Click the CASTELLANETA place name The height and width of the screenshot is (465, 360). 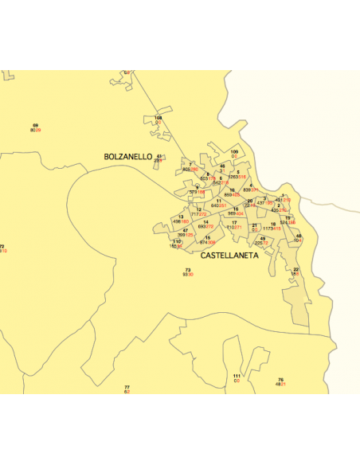tap(229, 256)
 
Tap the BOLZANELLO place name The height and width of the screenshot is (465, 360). tap(127, 158)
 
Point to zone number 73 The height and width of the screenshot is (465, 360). tap(188, 270)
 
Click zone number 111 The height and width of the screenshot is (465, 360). tap(237, 375)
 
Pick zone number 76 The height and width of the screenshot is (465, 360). tap(280, 379)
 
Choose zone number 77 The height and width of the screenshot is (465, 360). tap(127, 387)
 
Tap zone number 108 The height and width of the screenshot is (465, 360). tap(158, 117)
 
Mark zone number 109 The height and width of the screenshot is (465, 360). tap(234, 150)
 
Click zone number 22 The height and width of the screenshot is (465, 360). tap(295, 269)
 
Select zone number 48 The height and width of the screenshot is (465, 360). tap(299, 236)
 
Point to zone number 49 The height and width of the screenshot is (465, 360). tap(263, 238)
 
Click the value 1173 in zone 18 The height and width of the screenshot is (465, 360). tap(268, 229)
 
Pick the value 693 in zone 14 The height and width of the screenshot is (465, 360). tap(201, 227)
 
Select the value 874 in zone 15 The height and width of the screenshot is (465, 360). tap(203, 242)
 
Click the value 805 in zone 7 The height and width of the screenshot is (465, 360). tap(186, 170)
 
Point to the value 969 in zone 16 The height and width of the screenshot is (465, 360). tap(231, 213)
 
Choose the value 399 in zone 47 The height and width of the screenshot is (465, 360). tap(181, 235)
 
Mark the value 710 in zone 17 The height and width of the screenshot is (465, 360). tap(229, 227)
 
